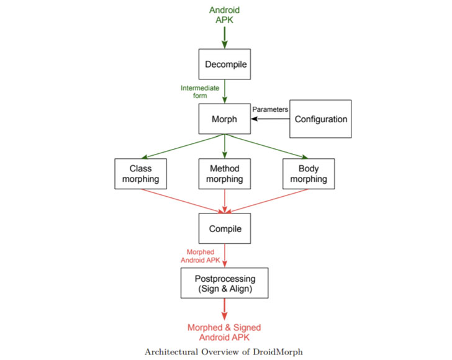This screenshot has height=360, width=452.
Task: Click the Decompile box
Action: (224, 64)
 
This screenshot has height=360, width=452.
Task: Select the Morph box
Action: (224, 119)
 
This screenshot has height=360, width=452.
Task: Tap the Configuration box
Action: (320, 119)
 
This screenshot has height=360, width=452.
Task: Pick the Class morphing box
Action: (140, 173)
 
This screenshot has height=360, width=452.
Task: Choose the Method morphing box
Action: (224, 173)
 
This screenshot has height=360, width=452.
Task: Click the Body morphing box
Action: (309, 173)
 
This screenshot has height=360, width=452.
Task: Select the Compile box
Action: (224, 228)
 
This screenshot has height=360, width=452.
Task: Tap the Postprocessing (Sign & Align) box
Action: (224, 283)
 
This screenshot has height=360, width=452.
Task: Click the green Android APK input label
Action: (224, 15)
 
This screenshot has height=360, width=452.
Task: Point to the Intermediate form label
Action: (199, 92)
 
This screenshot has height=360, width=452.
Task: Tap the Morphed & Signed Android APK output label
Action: (224, 333)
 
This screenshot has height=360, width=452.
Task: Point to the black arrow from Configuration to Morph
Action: (270, 119)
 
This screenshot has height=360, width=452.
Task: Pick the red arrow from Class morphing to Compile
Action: (180, 200)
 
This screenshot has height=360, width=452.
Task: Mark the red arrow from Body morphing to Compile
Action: (267, 200)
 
